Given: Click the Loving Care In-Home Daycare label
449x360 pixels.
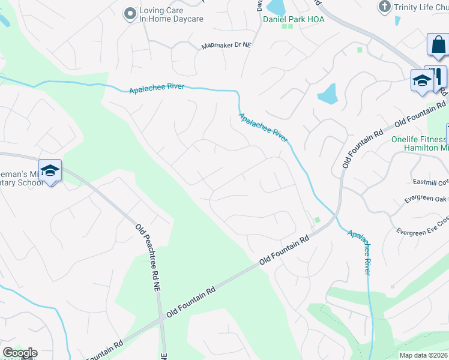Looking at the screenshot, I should (x=170, y=15).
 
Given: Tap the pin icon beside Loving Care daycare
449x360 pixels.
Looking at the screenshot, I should (x=129, y=14).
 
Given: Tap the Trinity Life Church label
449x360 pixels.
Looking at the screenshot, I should (x=421, y=7).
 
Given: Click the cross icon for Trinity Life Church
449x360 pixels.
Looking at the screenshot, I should (x=384, y=7).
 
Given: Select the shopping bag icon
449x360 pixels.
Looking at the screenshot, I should (x=438, y=46).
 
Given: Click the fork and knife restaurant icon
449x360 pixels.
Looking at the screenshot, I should (x=438, y=76).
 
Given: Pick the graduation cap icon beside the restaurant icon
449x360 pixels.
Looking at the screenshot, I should (x=421, y=80).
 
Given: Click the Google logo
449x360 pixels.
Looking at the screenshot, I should (x=20, y=353).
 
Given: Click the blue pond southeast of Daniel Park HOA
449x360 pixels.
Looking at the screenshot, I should (x=327, y=93).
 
